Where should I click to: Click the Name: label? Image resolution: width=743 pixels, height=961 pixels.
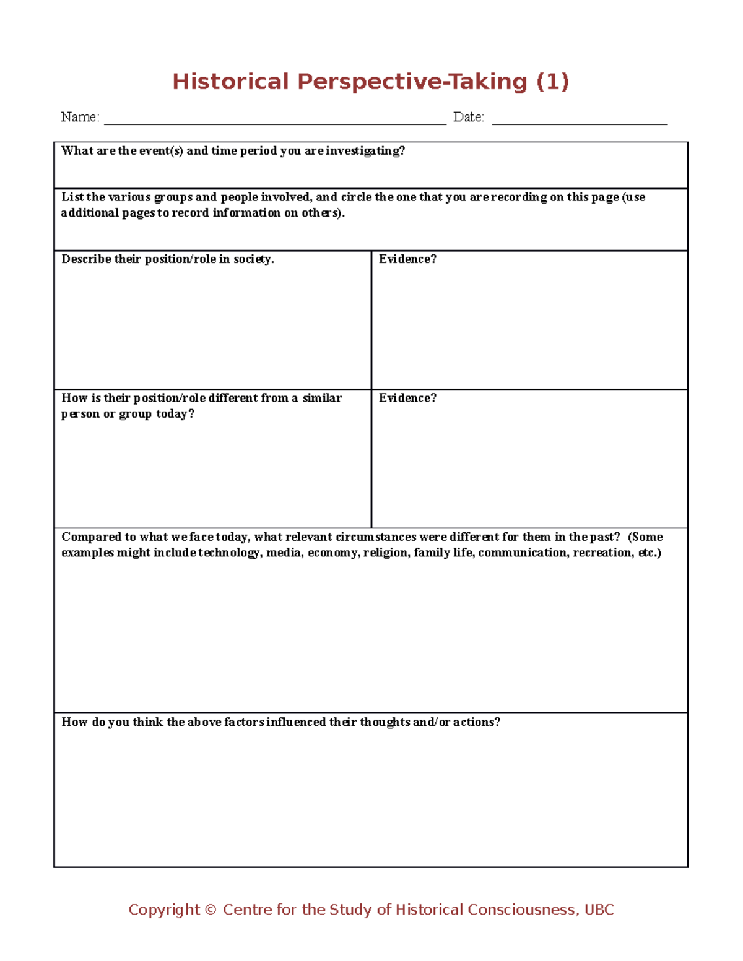coord(80,117)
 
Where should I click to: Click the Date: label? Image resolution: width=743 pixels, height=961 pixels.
coord(469,117)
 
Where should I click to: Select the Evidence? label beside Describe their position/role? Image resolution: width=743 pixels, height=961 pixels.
coord(407,259)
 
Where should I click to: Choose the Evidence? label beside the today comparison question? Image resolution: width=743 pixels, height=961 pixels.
coord(407,398)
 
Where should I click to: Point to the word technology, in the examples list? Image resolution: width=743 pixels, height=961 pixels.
coord(231,553)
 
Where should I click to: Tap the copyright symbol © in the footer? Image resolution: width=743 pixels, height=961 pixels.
coord(210,910)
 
